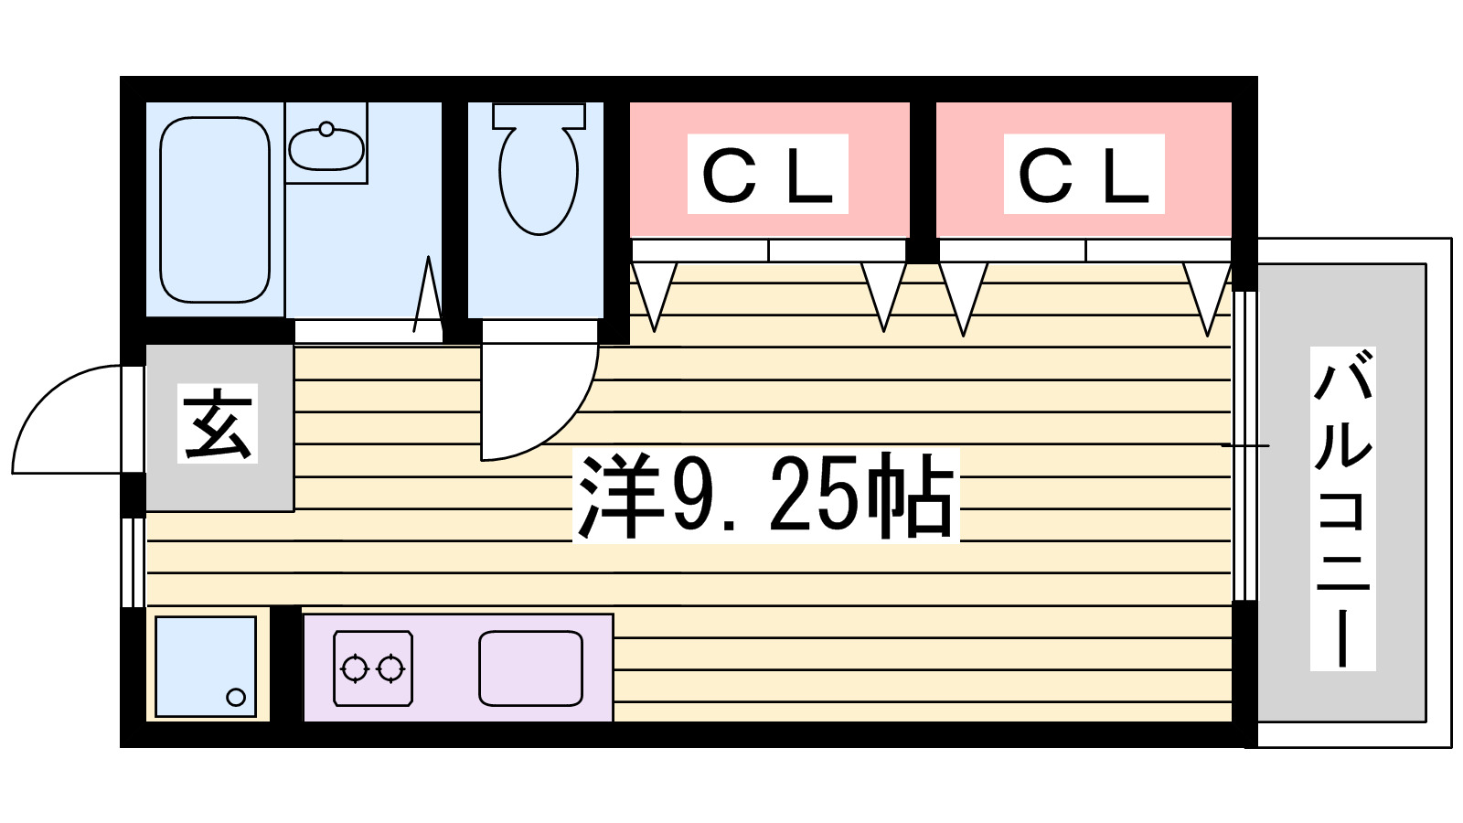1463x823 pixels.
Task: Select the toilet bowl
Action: pyautogui.click(x=539, y=179)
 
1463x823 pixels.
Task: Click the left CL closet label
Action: pyautogui.click(x=767, y=175)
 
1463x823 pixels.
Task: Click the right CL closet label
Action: pyautogui.click(x=1084, y=175)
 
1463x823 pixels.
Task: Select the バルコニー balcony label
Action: pyautogui.click(x=1342, y=508)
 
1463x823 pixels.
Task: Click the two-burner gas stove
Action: pyautogui.click(x=372, y=668)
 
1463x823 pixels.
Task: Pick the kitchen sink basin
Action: pyautogui.click(x=530, y=668)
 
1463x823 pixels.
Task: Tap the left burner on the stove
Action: pyautogui.click(x=354, y=669)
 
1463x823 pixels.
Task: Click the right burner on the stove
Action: pyautogui.click(x=390, y=669)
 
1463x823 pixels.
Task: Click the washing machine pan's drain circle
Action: pyautogui.click(x=236, y=697)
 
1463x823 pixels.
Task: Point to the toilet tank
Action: pyautogui.click(x=539, y=115)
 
